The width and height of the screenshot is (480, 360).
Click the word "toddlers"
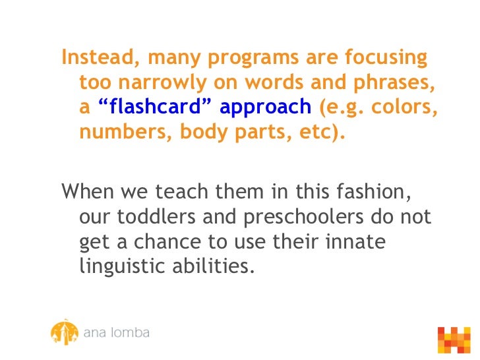155,217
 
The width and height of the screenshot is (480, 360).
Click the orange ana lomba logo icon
64,332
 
